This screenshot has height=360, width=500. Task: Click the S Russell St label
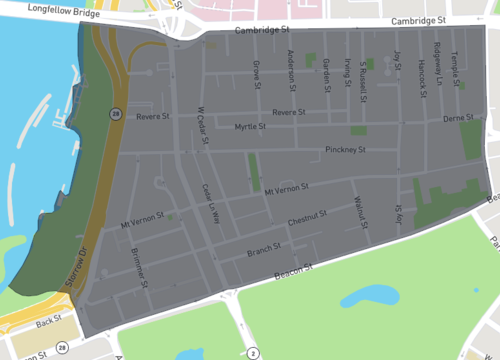pos(362,73)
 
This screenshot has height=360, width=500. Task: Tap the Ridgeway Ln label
pos(437,65)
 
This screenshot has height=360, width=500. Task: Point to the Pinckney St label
pos(346,151)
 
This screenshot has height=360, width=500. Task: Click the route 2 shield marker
pos(253,352)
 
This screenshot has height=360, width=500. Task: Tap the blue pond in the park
pos(368,296)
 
